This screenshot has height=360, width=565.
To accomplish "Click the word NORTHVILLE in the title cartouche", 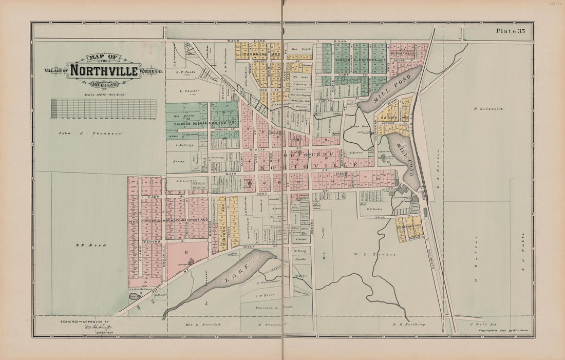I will pyautogui.click(x=104, y=70).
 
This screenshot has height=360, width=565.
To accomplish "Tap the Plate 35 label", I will pyautogui.click(x=510, y=31).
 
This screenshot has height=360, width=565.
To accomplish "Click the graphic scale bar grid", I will pyautogui.click(x=103, y=108).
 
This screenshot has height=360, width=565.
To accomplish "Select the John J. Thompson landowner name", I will pyautogui.click(x=90, y=133).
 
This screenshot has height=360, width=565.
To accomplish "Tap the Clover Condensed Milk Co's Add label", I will pyautogui.click(x=169, y=220).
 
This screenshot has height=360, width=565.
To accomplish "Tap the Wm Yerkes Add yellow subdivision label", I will pyautogui.click(x=410, y=226).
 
